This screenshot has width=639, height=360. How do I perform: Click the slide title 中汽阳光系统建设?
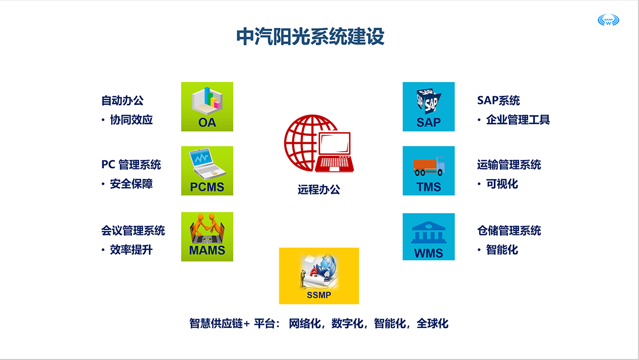click(310, 37)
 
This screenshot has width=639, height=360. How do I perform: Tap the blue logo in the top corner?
click(608, 20)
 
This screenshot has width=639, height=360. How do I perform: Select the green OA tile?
click(207, 107)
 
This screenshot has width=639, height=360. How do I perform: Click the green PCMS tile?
click(207, 171)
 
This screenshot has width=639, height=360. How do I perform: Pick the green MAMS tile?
click(207, 237)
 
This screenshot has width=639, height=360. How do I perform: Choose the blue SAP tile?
click(429, 107)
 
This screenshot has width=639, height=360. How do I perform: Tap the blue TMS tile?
click(429, 171)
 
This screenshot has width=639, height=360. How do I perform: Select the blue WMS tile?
click(429, 237)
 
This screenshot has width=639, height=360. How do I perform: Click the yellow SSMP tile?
click(319, 276)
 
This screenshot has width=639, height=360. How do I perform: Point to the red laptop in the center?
click(334, 152)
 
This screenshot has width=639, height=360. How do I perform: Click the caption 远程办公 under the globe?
click(319, 190)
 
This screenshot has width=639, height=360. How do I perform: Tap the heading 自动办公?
click(122, 101)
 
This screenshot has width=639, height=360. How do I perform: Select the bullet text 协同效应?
click(131, 120)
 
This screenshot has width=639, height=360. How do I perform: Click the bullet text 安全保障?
click(131, 184)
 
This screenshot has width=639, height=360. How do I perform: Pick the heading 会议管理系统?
click(133, 231)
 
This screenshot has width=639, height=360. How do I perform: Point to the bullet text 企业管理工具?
click(518, 120)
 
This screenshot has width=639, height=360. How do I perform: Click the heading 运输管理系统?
click(509, 165)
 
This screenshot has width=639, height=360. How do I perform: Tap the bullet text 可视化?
click(502, 184)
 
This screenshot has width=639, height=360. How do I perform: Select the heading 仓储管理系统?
click(509, 231)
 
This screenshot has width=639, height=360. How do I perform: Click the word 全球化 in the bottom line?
click(432, 323)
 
